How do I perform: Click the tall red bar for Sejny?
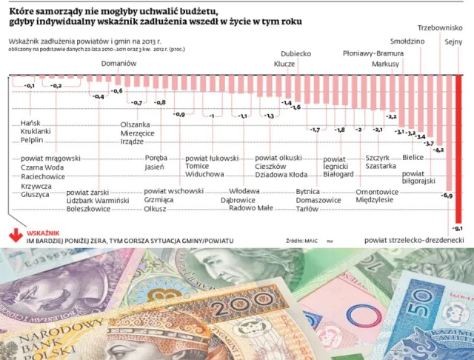(458, 148)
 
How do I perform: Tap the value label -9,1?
(458, 227)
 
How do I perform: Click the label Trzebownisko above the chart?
(445, 28)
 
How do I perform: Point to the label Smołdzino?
(407, 41)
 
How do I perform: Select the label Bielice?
(413, 158)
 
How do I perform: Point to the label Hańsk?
(30, 121)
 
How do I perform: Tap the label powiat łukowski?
(212, 158)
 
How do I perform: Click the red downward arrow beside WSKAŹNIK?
(13, 237)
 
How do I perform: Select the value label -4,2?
(438, 150)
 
